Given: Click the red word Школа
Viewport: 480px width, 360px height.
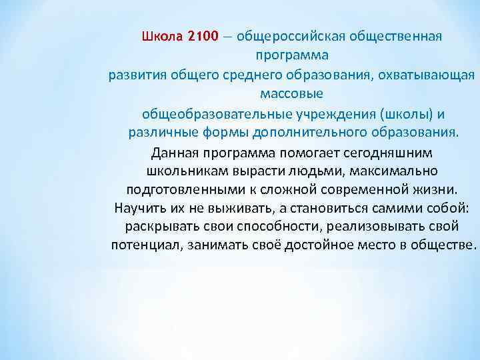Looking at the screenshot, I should (x=163, y=35).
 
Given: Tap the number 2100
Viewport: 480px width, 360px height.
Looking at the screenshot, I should (x=203, y=35).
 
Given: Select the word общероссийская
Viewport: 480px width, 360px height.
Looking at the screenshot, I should (x=290, y=35).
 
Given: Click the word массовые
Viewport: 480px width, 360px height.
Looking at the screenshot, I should (x=292, y=93).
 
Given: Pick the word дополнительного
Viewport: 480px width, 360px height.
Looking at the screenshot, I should (x=301, y=131).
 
